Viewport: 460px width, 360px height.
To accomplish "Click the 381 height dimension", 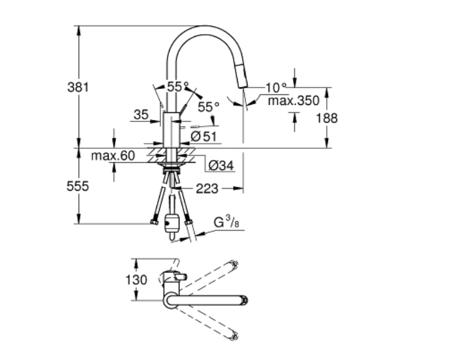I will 77,86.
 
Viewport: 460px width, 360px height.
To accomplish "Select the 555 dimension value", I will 78,187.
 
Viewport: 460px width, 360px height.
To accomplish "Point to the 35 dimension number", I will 140,115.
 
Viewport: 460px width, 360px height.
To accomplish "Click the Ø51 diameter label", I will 203,136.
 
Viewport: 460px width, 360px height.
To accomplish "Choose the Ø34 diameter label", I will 220,165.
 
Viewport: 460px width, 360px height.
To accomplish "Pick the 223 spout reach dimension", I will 207,189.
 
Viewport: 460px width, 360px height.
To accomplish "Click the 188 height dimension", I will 327,118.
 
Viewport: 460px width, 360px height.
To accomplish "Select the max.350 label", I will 293,101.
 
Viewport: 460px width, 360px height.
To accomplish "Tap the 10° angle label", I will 276,86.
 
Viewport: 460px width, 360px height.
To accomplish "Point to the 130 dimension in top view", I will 137,279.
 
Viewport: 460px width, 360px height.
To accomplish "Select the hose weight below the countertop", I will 173,222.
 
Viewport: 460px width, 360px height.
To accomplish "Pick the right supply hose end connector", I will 190,223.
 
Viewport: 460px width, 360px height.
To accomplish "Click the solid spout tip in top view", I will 244,301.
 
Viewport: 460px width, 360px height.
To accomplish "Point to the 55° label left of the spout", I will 177,86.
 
